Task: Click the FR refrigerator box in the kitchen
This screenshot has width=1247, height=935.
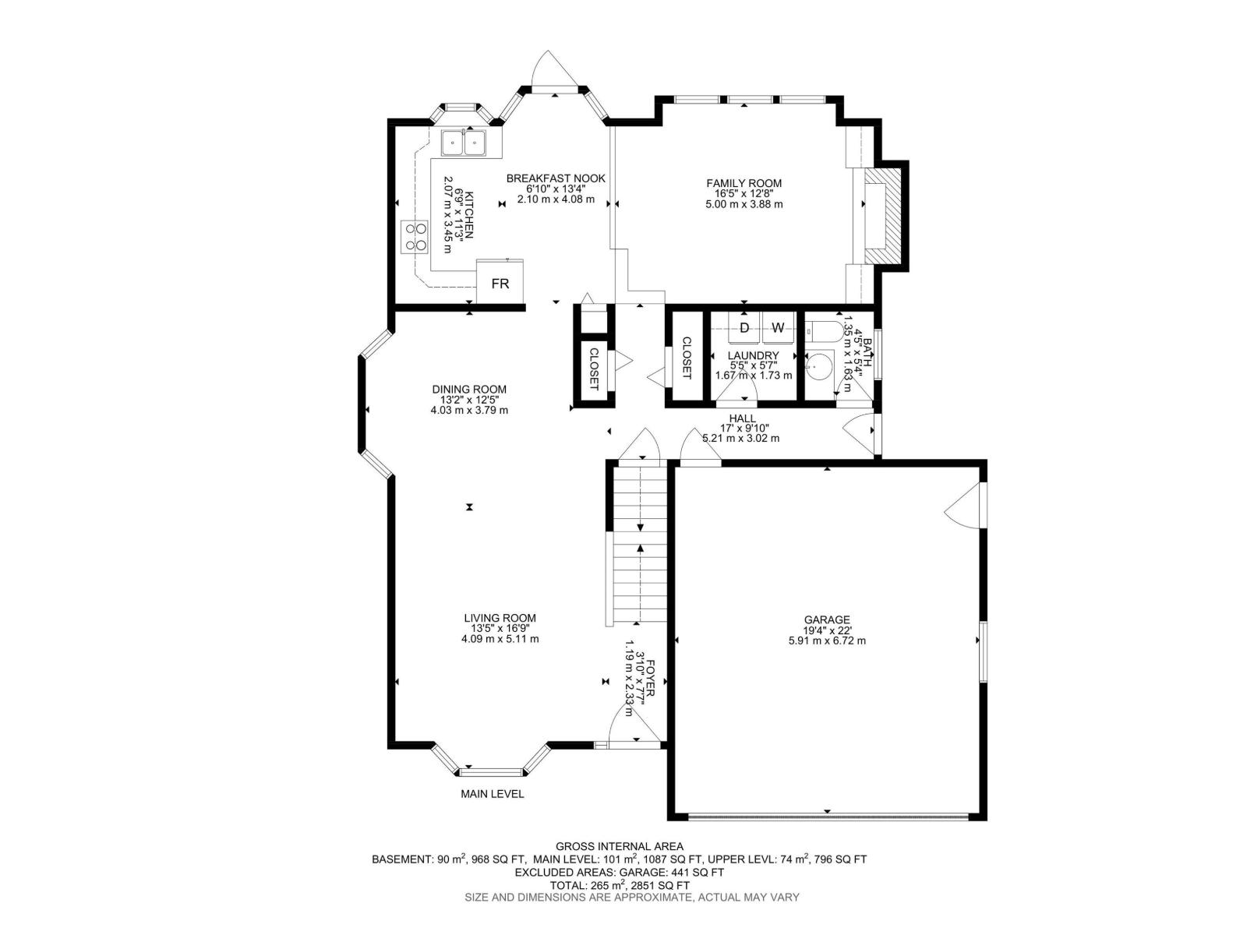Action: (500, 281)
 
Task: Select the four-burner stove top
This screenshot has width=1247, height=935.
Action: (414, 237)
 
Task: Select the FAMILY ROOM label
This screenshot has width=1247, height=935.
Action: (744, 183)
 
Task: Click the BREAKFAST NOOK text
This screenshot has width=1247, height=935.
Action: (556, 178)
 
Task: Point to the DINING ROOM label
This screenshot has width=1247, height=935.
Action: (469, 390)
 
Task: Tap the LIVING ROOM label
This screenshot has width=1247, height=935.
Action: (500, 618)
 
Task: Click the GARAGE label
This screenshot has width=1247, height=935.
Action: (827, 620)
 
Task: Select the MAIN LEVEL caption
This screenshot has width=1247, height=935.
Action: (492, 794)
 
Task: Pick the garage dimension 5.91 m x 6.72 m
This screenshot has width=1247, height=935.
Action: (827, 641)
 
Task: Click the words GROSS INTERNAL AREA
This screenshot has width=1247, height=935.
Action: (620, 846)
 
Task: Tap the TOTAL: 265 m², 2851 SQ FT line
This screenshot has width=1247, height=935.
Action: (620, 885)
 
